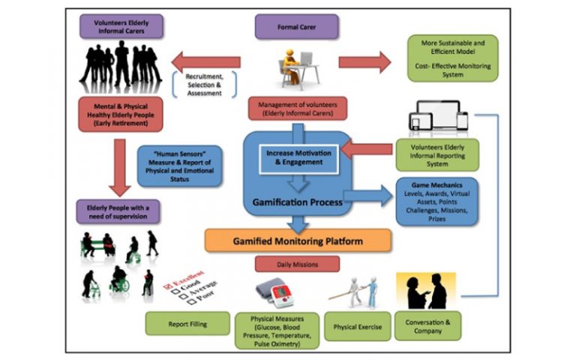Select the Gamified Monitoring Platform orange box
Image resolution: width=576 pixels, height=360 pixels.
[x=298, y=241]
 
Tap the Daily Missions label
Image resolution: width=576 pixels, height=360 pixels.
[x=298, y=264]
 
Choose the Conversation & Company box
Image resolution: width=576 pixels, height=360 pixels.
[x=427, y=326]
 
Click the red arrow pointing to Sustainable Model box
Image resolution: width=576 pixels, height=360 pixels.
[x=364, y=61]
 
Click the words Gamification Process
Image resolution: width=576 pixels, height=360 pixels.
[x=298, y=202]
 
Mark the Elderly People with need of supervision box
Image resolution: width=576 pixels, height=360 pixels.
[x=121, y=211]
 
